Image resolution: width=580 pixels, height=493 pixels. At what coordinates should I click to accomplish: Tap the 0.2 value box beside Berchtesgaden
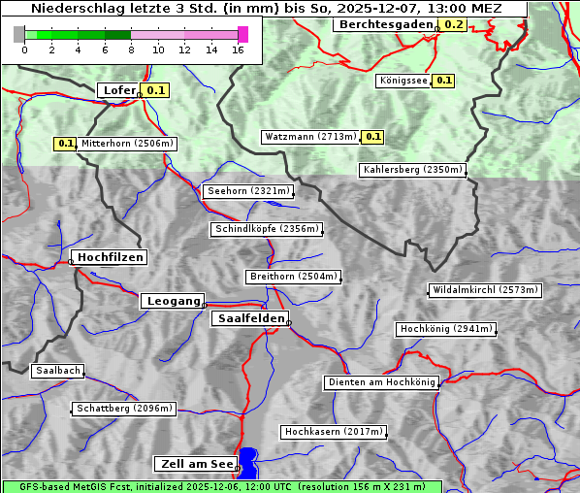452,24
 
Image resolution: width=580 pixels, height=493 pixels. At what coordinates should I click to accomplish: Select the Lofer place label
119,90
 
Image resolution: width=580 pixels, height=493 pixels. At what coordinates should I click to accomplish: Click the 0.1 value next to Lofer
155,90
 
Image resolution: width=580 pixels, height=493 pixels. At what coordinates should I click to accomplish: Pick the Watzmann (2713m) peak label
310,137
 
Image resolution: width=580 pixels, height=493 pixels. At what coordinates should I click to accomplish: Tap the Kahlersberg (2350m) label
412,170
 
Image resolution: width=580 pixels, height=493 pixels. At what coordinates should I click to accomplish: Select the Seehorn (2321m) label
248,191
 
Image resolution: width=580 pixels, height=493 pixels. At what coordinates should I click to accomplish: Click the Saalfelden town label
249,318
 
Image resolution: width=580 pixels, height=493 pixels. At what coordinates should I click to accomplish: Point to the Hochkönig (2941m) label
446,329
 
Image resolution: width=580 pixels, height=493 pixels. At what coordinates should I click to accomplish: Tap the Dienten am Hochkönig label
381,382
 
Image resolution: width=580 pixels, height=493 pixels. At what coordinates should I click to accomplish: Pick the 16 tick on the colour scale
239,49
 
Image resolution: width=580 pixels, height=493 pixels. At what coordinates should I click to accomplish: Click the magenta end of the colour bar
242,34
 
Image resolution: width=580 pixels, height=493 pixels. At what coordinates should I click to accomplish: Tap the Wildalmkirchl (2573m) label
484,290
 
